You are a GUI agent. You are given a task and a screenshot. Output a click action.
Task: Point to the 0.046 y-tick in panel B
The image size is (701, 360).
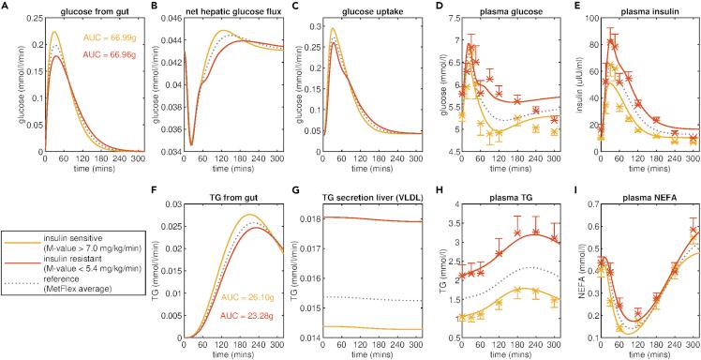tap(167, 19)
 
